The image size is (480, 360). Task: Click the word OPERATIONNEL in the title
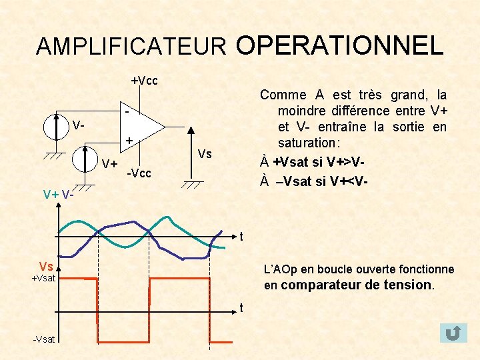tap(339, 45)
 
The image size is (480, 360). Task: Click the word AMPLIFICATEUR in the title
tap(131, 47)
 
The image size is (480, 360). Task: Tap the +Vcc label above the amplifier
tap(144, 81)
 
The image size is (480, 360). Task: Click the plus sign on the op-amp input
tap(129, 141)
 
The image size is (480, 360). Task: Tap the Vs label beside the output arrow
tap(205, 154)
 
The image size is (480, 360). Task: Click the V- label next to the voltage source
tap(79, 125)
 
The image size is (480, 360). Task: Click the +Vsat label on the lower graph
tap(44, 278)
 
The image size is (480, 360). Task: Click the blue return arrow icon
tap(453, 332)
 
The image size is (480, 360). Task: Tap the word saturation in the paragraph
tap(309, 143)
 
